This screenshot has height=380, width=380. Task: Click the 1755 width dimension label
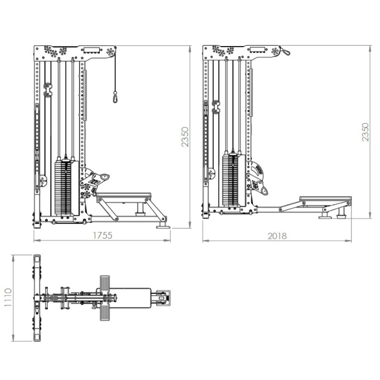[x=103, y=235]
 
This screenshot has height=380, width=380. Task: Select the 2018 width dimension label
[x=277, y=236]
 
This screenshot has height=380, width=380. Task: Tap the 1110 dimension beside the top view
[x=7, y=298]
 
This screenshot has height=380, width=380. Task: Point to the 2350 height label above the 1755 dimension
[x=185, y=137]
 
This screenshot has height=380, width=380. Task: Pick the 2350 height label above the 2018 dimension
[x=365, y=132]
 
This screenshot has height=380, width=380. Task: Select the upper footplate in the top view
[x=104, y=283]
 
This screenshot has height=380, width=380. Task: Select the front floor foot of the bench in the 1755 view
[x=163, y=225]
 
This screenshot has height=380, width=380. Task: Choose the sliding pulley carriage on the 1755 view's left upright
[x=48, y=90]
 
